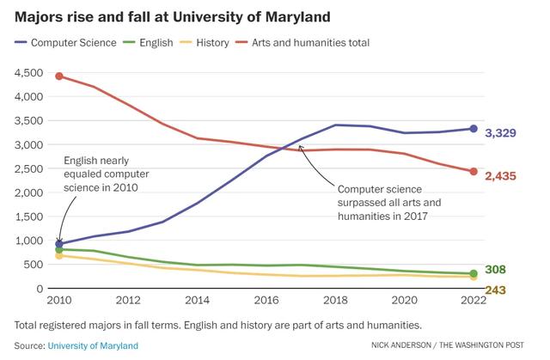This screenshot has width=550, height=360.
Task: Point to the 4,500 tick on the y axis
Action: click(x=27, y=72)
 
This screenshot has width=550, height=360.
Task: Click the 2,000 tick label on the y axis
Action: click(x=27, y=192)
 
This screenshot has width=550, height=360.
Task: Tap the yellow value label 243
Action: click(x=496, y=290)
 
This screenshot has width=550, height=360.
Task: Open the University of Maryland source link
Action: click(x=93, y=346)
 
